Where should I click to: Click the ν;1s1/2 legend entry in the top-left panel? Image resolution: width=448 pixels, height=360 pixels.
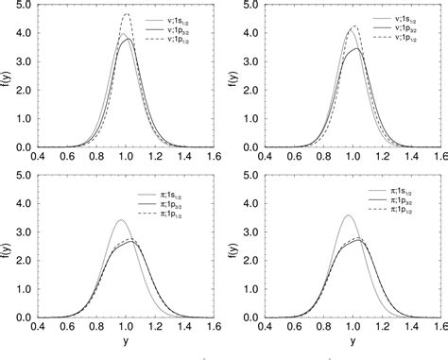(x=175, y=20)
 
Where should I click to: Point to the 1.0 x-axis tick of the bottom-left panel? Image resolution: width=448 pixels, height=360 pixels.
(x=125, y=328)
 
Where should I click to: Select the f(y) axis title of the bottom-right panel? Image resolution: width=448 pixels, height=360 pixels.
(x=236, y=249)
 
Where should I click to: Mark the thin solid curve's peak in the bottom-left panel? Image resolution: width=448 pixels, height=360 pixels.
(x=120, y=220)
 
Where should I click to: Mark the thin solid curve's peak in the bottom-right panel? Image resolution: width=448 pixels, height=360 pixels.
(x=348, y=215)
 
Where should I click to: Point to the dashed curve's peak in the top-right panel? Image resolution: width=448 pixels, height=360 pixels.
(x=353, y=26)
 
